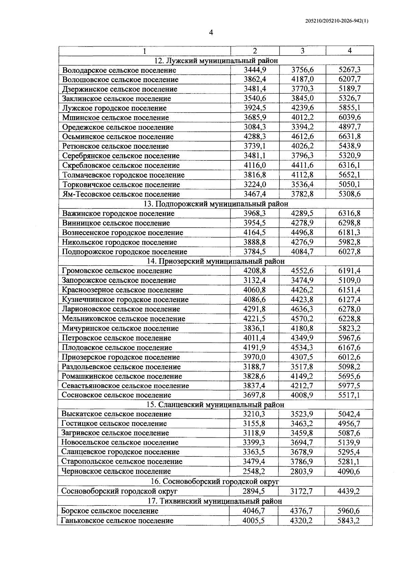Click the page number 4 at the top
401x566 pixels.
pos(211,32)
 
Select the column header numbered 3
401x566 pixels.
pos(302,51)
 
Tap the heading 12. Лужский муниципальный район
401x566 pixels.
pos(216,60)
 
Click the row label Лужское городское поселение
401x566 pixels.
pos(114,108)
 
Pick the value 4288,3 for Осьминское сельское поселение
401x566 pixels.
pos(255,137)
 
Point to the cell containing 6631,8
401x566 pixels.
pos(350,137)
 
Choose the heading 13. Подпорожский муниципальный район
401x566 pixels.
pos(216,204)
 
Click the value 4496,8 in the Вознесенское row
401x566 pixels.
pos(302,233)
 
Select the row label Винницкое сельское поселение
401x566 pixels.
pos(116,223)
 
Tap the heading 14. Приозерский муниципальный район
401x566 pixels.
pos(216,261)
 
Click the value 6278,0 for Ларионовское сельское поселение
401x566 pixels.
pos(350,309)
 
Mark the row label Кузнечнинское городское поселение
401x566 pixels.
pos(125,300)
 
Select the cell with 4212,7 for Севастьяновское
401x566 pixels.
pos(302,386)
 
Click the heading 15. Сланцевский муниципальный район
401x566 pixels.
pos(215,405)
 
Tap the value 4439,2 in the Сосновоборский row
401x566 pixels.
pos(349,491)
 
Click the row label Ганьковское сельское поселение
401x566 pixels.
pos(117,521)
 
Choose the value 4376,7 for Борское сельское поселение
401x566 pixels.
pos(301,511)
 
